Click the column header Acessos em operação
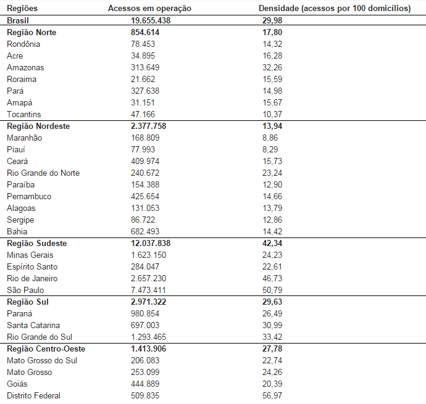click(x=149, y=9)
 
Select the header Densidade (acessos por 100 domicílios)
click(x=335, y=9)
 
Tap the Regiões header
click(x=22, y=9)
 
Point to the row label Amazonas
click(x=25, y=67)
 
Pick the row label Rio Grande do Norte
click(x=43, y=173)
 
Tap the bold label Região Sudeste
click(x=36, y=243)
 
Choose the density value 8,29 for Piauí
click(x=270, y=149)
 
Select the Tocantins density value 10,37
click(x=272, y=114)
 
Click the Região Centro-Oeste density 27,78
click(x=273, y=348)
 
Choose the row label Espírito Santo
click(x=32, y=266)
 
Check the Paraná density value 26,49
click(x=272, y=313)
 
